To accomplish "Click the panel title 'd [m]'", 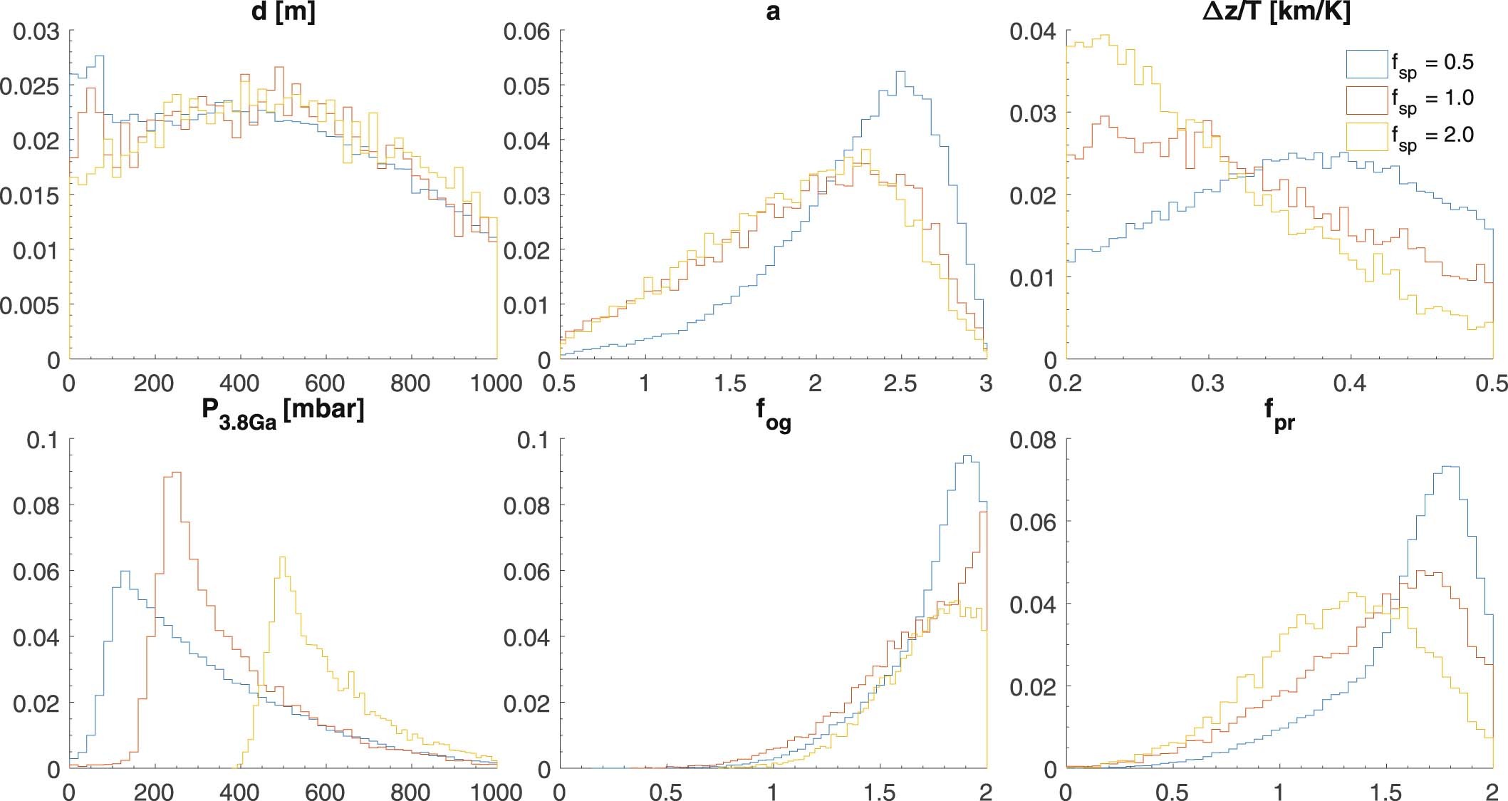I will pos(283,14).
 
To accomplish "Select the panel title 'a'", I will pos(773,14).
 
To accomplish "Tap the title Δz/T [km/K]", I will pos(1276,14).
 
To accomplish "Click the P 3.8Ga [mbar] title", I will pos(283,411).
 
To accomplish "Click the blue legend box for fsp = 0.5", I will pos(1366,63).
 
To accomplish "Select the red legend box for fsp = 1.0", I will pos(1366,100).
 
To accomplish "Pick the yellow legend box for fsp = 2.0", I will pos(1366,136).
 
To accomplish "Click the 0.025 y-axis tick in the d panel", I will pos(30,86).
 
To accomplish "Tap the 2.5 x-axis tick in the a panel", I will pos(900,383).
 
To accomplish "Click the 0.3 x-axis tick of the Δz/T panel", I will pos(1208,383).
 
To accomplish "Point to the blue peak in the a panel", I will pos(900,72).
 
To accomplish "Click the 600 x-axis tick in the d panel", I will pos(326,383).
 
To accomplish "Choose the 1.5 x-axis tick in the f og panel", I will pos(879,792).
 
